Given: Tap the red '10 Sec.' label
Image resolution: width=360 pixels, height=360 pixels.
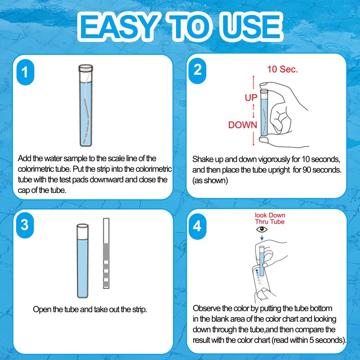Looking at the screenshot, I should [x=282, y=70].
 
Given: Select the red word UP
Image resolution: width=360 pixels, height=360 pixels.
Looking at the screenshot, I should [x=251, y=98].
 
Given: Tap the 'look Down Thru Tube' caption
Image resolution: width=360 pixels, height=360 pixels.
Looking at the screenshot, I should [x=270, y=218].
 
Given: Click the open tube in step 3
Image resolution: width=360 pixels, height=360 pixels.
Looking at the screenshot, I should [x=82, y=261].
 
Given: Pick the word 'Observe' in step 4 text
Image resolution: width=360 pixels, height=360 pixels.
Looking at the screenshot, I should [x=207, y=309].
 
